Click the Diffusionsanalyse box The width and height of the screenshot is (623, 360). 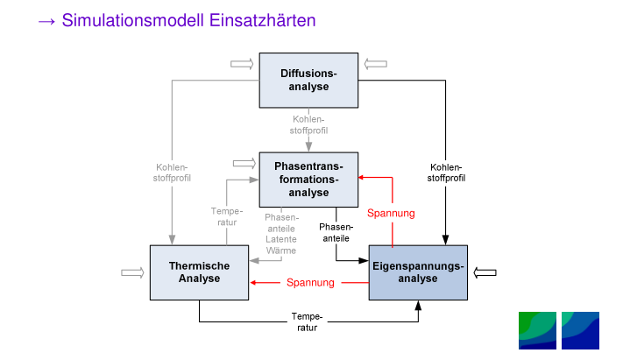tap(308, 80)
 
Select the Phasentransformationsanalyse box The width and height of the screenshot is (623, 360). tap(309, 179)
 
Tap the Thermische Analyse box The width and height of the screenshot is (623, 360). tap(199, 272)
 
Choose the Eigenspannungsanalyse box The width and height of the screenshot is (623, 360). tap(418, 272)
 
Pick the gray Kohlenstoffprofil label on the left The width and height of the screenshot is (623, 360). tap(172, 172)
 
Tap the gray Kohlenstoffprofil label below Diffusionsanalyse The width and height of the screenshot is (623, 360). tap(309, 124)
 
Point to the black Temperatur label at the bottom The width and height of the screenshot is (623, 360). tap(308, 321)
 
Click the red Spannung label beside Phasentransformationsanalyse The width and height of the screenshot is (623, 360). tap(391, 213)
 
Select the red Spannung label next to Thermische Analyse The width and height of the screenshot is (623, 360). tap(310, 282)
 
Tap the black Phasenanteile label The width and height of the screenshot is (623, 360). tap(335, 232)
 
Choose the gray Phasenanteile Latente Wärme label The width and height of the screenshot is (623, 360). tap(281, 234)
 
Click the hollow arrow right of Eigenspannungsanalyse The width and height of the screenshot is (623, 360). tap(485, 272)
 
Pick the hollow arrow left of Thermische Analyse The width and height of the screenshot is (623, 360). tap(131, 272)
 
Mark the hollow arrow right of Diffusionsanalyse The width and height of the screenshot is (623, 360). tap(376, 63)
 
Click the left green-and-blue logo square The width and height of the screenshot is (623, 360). tap(537, 330)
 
